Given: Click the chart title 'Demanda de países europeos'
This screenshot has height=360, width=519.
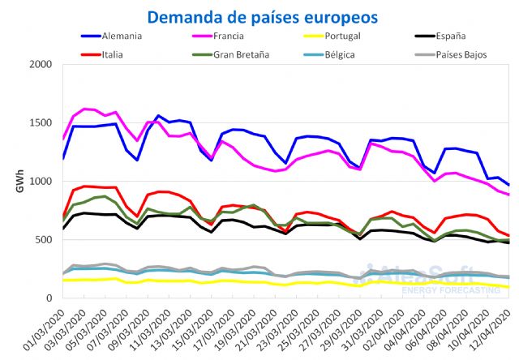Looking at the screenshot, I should pyautogui.click(x=262, y=16).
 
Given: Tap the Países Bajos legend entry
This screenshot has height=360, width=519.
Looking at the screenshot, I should pyautogui.click(x=485, y=54).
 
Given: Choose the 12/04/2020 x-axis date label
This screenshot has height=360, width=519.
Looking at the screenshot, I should pyautogui.click(x=491, y=329).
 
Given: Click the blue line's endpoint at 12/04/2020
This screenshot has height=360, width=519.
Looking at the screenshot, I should pyautogui.click(x=508, y=186).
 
